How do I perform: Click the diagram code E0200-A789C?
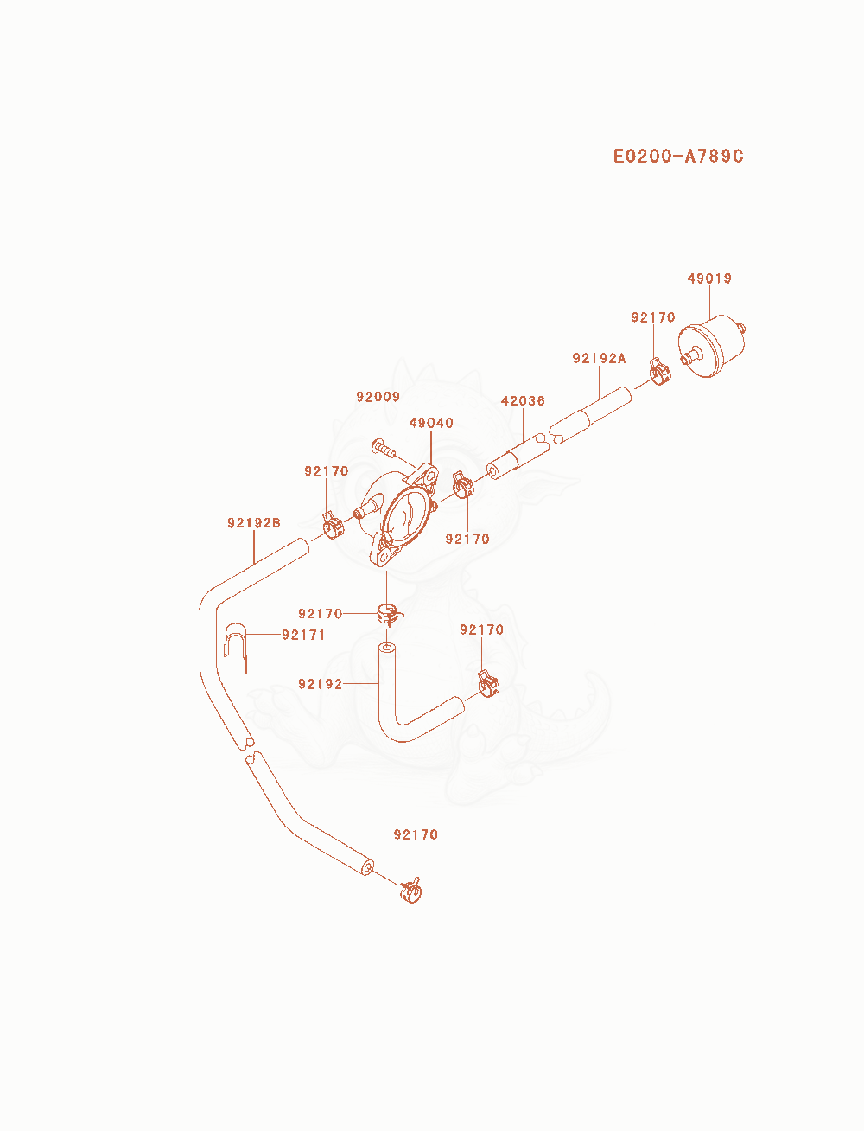678,156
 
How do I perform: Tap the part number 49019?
709,278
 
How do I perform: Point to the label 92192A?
599,358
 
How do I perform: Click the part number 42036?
523,400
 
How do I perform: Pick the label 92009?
378,396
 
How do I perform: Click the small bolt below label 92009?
384,448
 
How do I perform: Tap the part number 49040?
431,423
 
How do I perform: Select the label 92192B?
254,522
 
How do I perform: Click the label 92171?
303,635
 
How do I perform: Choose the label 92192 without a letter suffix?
320,684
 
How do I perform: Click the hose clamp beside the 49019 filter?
659,371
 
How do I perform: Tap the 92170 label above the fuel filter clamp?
653,316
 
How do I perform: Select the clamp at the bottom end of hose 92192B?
411,891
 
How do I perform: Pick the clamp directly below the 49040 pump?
390,614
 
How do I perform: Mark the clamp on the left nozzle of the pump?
334,526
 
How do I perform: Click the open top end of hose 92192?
387,647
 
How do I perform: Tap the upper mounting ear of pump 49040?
426,474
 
